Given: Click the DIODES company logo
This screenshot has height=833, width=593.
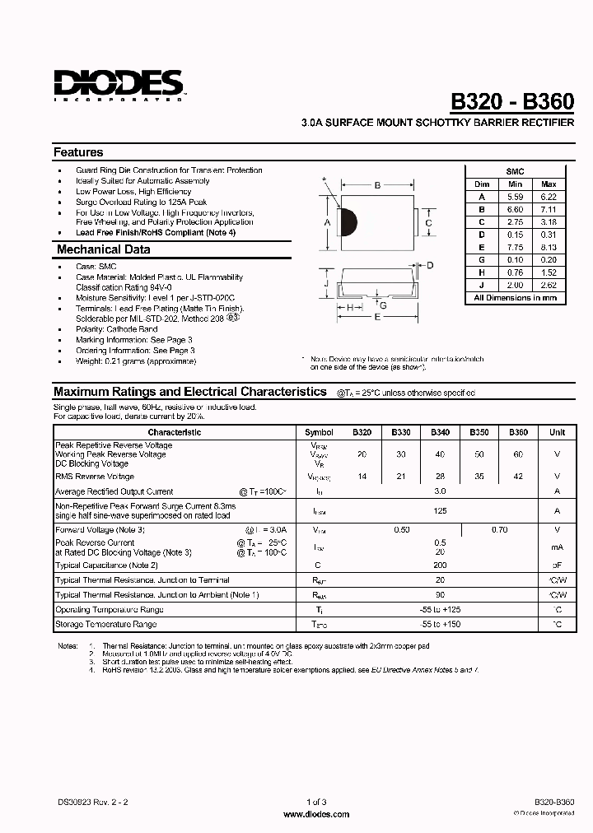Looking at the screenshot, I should pyautogui.click(x=118, y=84).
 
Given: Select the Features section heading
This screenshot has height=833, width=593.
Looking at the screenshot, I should pyautogui.click(x=79, y=152).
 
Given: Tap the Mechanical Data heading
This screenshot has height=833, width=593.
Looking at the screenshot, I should pyautogui.click(x=103, y=249).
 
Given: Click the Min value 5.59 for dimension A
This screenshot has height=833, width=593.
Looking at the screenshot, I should pyautogui.click(x=516, y=197).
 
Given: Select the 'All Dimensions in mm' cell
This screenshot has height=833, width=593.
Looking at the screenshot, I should pyautogui.click(x=515, y=297).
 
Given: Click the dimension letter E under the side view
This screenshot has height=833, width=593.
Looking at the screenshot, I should pyautogui.click(x=377, y=316).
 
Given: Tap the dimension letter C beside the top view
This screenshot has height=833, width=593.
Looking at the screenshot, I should pyautogui.click(x=428, y=222).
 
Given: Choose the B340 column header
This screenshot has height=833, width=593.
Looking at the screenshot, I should pyautogui.click(x=440, y=432).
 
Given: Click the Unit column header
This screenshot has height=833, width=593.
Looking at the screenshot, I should pyautogui.click(x=558, y=432).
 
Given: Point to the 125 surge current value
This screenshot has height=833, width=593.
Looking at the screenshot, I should pyautogui.click(x=440, y=510).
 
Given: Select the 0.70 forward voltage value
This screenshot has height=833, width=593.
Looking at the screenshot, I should pyautogui.click(x=499, y=530).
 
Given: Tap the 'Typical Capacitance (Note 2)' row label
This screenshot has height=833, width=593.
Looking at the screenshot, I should pyautogui.click(x=105, y=565).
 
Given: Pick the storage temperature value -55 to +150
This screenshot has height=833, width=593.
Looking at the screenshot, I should pyautogui.click(x=440, y=625).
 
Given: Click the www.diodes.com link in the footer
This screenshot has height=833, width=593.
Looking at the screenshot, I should pyautogui.click(x=316, y=813).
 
